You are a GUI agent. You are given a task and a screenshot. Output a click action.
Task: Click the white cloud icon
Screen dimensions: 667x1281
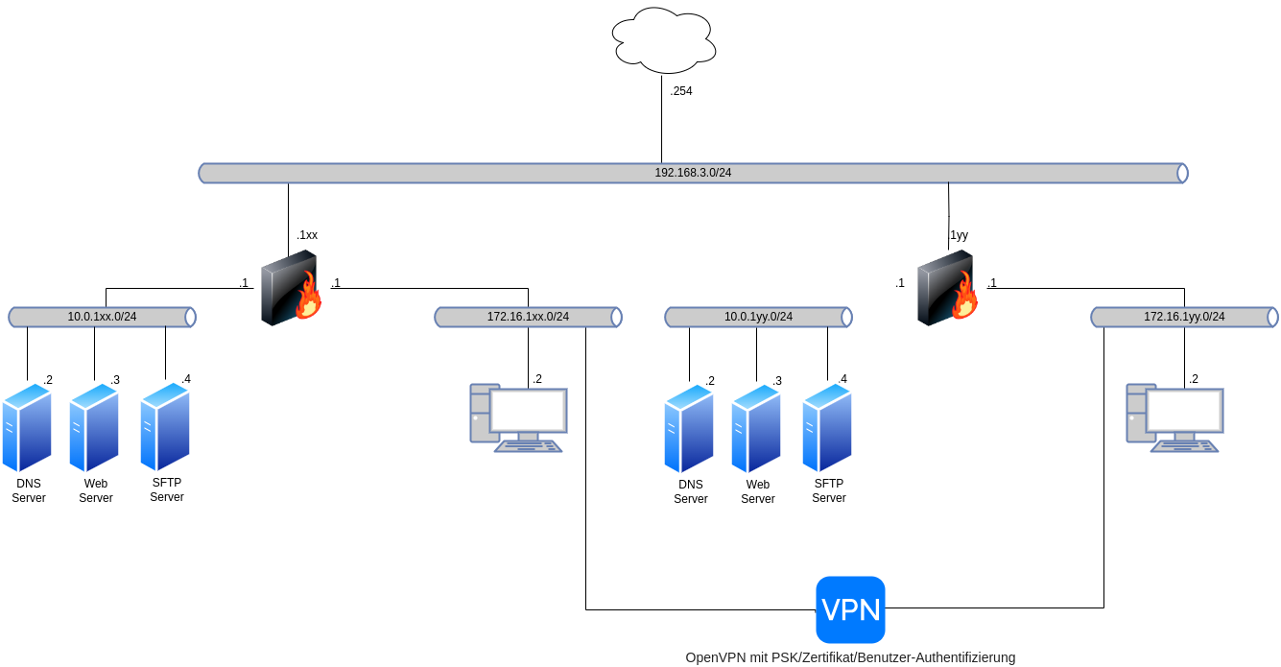click(x=664, y=41)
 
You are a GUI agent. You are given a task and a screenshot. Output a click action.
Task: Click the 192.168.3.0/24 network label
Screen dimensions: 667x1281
click(x=693, y=173)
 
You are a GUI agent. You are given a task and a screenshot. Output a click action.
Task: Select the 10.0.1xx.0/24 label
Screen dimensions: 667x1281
click(x=102, y=317)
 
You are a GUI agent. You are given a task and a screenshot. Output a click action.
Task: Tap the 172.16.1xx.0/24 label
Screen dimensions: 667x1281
click(x=528, y=317)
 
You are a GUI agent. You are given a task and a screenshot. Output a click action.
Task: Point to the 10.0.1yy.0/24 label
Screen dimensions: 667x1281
click(x=758, y=317)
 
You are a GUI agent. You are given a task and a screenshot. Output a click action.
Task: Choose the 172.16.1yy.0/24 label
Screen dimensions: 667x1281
click(x=1184, y=317)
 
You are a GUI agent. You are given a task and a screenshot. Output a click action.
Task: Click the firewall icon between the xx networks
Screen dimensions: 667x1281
click(x=290, y=288)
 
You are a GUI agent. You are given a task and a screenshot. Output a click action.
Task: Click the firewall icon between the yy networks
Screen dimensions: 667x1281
click(x=946, y=288)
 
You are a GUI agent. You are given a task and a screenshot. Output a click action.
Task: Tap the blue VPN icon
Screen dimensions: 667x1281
click(x=850, y=609)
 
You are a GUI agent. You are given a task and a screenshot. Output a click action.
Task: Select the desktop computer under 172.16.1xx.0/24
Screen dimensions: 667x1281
click(x=518, y=417)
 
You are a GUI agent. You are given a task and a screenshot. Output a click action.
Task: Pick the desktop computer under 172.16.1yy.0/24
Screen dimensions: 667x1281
click(x=1174, y=417)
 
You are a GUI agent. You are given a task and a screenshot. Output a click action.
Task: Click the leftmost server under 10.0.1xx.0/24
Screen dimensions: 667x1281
click(x=26, y=427)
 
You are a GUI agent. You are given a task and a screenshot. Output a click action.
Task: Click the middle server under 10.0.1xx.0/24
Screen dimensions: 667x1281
click(x=93, y=427)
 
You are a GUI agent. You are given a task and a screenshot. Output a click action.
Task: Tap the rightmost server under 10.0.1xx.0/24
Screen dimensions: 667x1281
click(x=164, y=427)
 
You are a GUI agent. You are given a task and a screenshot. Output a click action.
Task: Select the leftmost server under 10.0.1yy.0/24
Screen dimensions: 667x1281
click(x=688, y=428)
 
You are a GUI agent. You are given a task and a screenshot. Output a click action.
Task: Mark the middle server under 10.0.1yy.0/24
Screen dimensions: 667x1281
click(x=755, y=428)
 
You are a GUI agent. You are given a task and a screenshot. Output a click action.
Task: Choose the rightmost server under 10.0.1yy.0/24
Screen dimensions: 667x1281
click(x=826, y=428)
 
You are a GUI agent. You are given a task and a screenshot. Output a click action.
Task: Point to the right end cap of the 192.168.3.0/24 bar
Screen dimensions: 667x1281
click(x=1182, y=173)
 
